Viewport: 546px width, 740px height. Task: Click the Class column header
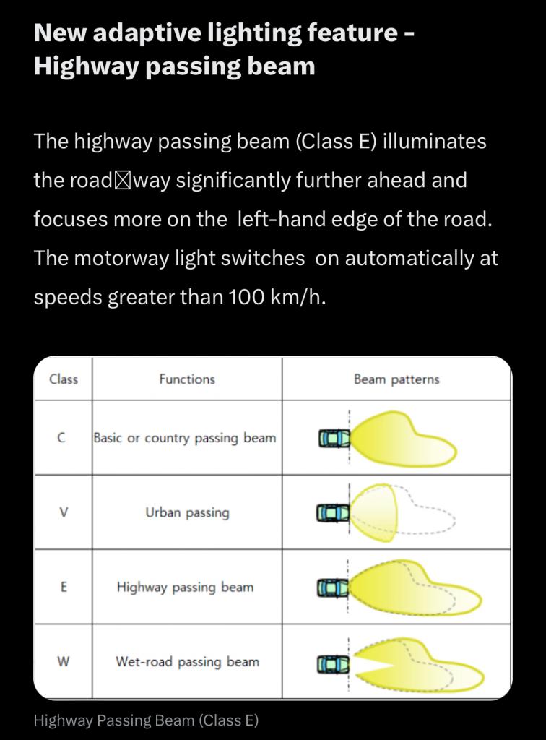pos(64,379)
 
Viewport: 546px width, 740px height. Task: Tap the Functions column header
pos(187,379)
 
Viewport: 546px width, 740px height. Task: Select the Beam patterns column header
pos(396,379)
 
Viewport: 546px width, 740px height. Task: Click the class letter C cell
pos(64,438)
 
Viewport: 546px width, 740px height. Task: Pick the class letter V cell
pos(64,512)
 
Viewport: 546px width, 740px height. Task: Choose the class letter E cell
pos(64,587)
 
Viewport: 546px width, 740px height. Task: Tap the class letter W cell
pos(64,661)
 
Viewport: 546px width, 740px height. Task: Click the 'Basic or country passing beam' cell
pos(185,438)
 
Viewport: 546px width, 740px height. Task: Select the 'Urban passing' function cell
pos(187,512)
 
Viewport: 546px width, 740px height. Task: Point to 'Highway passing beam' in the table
pos(186,587)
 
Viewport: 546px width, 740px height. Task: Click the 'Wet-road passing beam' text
pos(187,661)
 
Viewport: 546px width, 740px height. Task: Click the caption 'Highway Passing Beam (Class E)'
pos(146,720)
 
